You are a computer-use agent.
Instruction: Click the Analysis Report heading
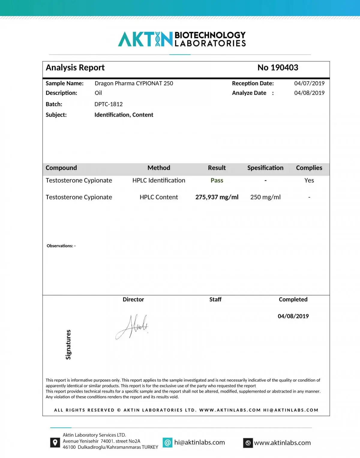75,68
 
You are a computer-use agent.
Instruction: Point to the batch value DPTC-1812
108,104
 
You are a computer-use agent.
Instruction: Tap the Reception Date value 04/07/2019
309,83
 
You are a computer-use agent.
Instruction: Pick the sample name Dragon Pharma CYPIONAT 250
134,83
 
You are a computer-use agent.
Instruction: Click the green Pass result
217,180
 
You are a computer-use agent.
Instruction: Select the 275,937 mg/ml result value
217,197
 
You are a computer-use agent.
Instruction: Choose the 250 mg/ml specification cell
265,197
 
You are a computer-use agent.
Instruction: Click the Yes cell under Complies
309,180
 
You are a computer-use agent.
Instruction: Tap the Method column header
159,168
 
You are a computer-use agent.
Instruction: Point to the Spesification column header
265,168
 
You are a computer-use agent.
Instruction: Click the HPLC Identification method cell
159,180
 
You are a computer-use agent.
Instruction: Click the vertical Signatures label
68,345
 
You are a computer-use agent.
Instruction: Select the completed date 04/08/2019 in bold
293,316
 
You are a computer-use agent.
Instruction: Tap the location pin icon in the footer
55,442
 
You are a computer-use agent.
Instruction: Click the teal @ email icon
167,442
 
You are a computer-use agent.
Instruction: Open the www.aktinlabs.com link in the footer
282,443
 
